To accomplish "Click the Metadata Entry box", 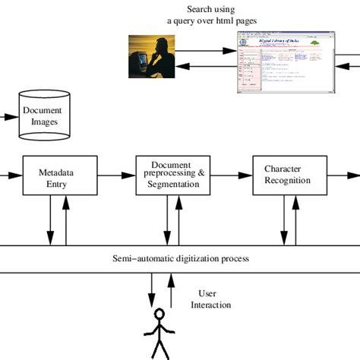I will (x=60, y=177).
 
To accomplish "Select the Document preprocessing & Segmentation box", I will (x=172, y=175).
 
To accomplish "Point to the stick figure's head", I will (x=159, y=314).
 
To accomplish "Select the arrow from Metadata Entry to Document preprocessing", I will (x=116, y=175).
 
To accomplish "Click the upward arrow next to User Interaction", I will (x=172, y=289).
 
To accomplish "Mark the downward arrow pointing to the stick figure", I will (x=153, y=289).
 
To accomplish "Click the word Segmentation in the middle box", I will (x=172, y=184).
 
